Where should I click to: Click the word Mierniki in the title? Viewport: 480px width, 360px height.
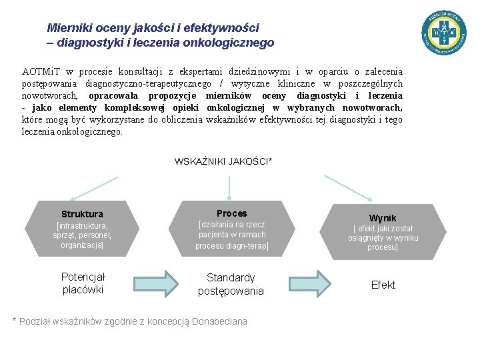69,28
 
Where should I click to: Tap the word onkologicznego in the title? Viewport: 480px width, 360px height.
232,43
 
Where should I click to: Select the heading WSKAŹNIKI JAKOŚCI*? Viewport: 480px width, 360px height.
223,161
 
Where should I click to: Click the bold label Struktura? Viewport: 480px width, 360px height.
82,214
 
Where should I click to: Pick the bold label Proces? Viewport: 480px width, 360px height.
231,213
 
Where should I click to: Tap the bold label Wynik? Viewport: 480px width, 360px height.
383,218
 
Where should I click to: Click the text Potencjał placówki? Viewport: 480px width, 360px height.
83,283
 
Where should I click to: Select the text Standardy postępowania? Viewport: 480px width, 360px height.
231,284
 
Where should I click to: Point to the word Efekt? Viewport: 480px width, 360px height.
383,285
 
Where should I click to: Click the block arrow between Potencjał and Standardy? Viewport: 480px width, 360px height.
159,283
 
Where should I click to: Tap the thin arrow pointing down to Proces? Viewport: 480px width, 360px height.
229,188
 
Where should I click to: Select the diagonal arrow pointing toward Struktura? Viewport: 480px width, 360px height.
93,188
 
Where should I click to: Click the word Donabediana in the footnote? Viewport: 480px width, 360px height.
219,321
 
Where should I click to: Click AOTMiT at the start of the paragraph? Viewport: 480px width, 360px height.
41,71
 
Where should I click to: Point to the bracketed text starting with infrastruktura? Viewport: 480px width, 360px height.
82,235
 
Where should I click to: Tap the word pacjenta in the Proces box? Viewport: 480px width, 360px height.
213,235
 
